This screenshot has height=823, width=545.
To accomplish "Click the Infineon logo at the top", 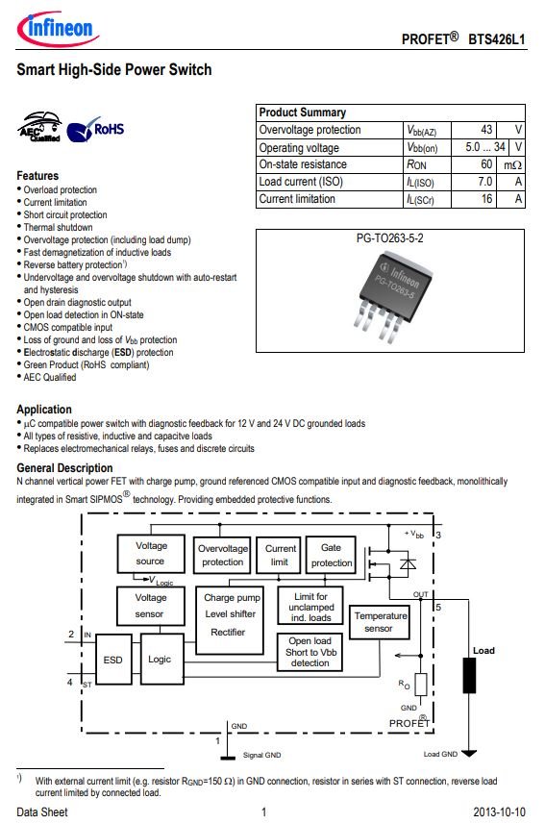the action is click(58, 28).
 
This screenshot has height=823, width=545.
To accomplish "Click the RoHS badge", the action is click(95, 130).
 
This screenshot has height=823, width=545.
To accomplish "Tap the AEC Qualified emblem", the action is click(39, 127).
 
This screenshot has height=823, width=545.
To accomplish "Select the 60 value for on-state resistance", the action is click(486, 164).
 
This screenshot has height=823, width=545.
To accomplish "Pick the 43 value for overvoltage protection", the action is click(486, 130).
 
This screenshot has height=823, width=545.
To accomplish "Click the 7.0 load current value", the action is click(484, 182).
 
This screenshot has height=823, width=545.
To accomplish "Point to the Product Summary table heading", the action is click(303, 112).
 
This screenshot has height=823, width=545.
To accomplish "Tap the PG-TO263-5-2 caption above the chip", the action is click(389, 238).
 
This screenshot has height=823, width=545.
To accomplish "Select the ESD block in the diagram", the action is click(112, 660).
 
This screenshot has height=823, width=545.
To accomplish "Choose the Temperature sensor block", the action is click(380, 622).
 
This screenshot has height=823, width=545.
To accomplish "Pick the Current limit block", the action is click(279, 555).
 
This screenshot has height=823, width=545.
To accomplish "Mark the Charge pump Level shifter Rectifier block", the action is click(229, 620).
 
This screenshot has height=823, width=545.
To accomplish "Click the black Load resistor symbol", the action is click(469, 675).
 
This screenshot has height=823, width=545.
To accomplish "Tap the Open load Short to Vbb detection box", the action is click(310, 652).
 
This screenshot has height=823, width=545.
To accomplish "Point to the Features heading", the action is click(37, 176).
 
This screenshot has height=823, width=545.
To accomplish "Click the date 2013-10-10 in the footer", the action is click(499, 812).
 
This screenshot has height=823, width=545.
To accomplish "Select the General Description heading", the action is click(64, 468).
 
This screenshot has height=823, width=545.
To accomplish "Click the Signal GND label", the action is click(261, 755).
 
